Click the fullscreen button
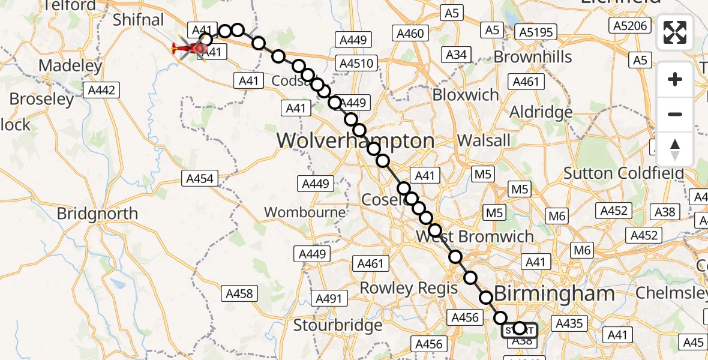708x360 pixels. click(x=675, y=32)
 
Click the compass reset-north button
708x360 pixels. click(x=675, y=149)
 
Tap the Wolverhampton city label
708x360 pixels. click(x=355, y=142)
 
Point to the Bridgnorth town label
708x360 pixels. click(x=97, y=214)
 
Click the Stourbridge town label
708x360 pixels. click(x=338, y=325)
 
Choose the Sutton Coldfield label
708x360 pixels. click(x=623, y=174)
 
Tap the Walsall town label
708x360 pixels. click(x=484, y=140)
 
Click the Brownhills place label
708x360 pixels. click(x=533, y=57)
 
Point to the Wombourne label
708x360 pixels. click(x=305, y=212)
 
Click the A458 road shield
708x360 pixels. click(x=240, y=293)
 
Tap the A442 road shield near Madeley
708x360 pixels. click(x=101, y=90)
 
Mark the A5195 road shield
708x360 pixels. click(x=537, y=32)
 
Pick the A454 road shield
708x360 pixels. click(x=201, y=179)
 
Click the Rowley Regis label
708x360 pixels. click(x=408, y=289)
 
